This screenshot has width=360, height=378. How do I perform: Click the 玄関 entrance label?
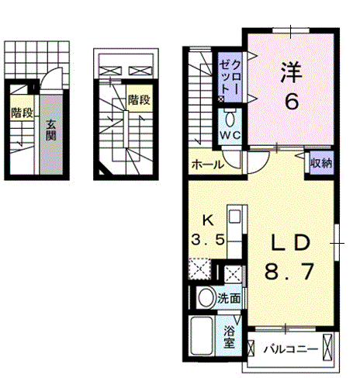(x=51, y=130)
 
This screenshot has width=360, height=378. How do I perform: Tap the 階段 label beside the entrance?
(x=22, y=113)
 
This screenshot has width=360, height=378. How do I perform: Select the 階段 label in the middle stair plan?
(x=139, y=99)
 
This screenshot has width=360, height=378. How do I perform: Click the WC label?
(x=230, y=135)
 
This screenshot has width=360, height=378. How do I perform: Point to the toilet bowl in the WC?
(x=230, y=120)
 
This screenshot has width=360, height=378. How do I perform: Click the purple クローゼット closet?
(x=230, y=77)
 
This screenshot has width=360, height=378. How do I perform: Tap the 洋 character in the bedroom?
(x=292, y=72)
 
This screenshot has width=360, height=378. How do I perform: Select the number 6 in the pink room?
(x=292, y=101)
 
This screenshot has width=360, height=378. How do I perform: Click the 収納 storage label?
(x=321, y=163)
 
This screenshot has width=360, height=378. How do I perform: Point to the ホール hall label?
(x=207, y=165)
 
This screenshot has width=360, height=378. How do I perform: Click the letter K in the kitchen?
(x=208, y=220)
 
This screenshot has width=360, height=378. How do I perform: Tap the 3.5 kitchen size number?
(x=208, y=240)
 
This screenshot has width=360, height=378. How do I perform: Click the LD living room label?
(x=290, y=243)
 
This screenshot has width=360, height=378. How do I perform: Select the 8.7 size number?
(x=289, y=272)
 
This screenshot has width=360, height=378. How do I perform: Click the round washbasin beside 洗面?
(x=206, y=297)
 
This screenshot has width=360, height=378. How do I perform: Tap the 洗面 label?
(x=229, y=299)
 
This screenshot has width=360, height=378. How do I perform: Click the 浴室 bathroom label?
(x=229, y=337)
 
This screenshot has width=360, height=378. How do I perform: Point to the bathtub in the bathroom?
(x=202, y=335)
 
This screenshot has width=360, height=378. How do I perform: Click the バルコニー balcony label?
(x=291, y=349)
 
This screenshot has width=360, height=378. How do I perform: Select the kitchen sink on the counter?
(x=235, y=217)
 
